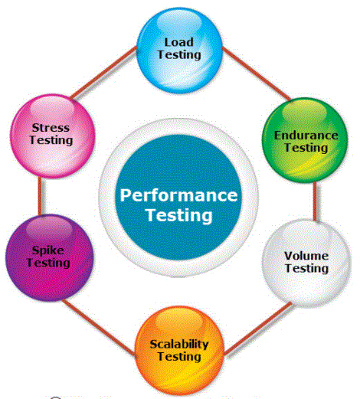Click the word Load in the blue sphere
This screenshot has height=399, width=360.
[178, 42]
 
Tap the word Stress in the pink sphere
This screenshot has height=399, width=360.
[51, 128]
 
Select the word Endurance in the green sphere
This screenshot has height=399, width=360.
[306, 136]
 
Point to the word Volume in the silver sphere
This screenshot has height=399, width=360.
[306, 256]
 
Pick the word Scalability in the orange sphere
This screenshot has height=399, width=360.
[179, 344]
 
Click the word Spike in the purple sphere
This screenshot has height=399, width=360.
[48, 250]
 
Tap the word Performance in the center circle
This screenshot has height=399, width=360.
[178, 196]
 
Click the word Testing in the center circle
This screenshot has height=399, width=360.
[178, 215]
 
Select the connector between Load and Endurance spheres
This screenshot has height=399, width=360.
[256, 74]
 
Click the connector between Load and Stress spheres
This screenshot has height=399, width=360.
[103, 73]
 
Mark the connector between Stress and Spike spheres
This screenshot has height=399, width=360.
[40, 196]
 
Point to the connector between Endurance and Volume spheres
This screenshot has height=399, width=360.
[315, 201]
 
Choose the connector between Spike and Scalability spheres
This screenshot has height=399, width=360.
[99, 328]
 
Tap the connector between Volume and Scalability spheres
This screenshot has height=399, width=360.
[258, 329]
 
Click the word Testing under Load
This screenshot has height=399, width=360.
[179, 55]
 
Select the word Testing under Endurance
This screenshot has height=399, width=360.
[306, 148]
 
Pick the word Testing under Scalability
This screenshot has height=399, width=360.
[179, 357]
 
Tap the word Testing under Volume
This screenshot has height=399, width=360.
[306, 268]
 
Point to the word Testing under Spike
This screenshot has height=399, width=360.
[48, 263]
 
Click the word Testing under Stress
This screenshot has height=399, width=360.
[51, 140]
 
